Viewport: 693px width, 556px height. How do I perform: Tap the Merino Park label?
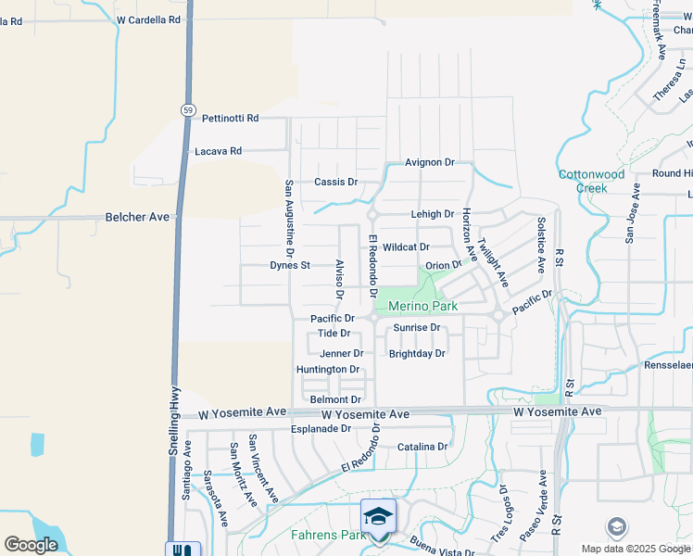coord(423,306)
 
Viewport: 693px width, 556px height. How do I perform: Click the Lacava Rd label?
coord(218,151)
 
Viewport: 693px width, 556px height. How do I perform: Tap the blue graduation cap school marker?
coord(378,515)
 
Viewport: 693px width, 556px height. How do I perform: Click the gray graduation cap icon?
coord(615,527)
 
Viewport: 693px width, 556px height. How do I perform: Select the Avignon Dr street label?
coord(430,162)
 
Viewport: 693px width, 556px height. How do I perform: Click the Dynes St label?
coord(289,265)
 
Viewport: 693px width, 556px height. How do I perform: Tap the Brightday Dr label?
coord(417,354)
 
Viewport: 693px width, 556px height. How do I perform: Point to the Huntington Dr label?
coord(327,369)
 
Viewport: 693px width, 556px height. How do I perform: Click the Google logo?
coord(31,545)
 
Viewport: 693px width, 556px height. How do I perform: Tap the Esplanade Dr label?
coord(321,429)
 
